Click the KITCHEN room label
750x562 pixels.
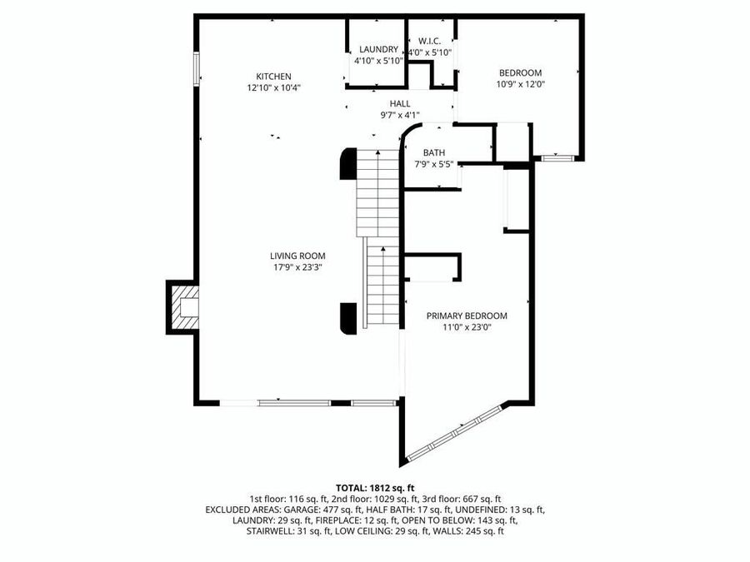[x=273, y=76]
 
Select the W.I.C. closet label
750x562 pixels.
[x=430, y=41]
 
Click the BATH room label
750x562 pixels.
[x=434, y=152]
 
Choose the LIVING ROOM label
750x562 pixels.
[x=297, y=256]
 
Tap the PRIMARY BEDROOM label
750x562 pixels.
[x=467, y=316]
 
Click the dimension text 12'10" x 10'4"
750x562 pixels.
[x=273, y=87]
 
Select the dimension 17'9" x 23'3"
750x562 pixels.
[x=297, y=268]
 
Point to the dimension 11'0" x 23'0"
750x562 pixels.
[x=467, y=328]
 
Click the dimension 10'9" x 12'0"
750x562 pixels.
[x=520, y=84]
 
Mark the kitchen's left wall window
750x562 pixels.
[x=197, y=68]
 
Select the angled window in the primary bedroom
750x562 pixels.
[x=455, y=430]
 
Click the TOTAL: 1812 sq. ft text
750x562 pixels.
[x=375, y=487]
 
